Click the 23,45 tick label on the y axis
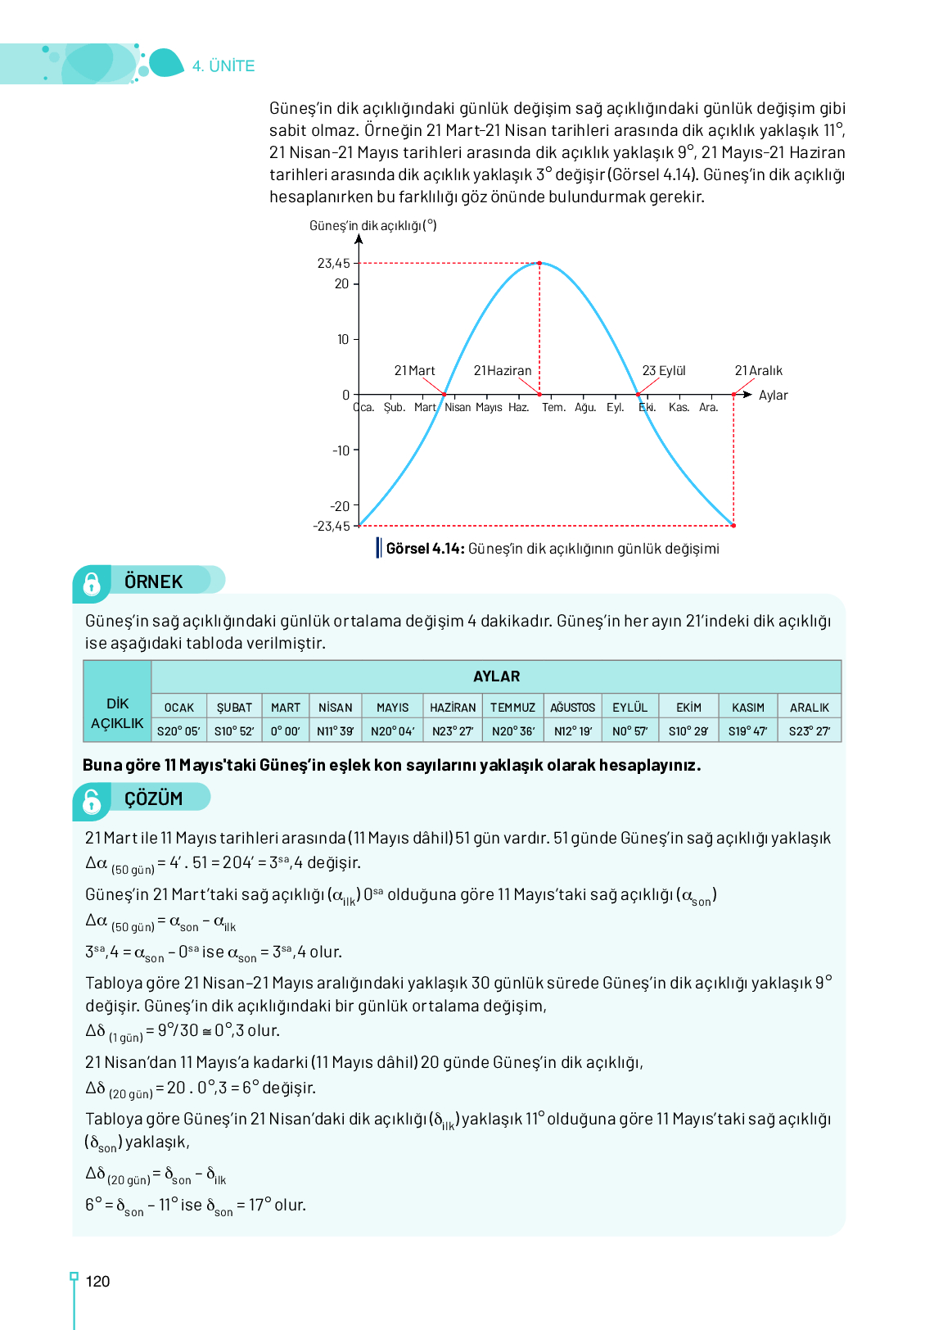point(333,263)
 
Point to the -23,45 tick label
point(331,526)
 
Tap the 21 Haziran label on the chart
point(503,371)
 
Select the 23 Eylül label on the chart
point(664,371)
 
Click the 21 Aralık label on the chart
point(758,371)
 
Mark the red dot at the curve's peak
point(539,263)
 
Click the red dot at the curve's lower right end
point(733,526)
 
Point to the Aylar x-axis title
point(773,396)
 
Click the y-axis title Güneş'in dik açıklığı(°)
point(372,226)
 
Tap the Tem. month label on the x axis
point(553,407)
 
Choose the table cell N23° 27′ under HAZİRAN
point(453,731)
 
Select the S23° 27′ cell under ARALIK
point(810,731)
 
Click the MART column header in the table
point(286,708)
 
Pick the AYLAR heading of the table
point(496,676)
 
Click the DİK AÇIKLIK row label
point(117,714)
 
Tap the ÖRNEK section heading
point(154,581)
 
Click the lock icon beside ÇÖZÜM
point(92,801)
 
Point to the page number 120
point(97,1282)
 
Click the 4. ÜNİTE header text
point(223,66)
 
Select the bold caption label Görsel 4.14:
point(425,549)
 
